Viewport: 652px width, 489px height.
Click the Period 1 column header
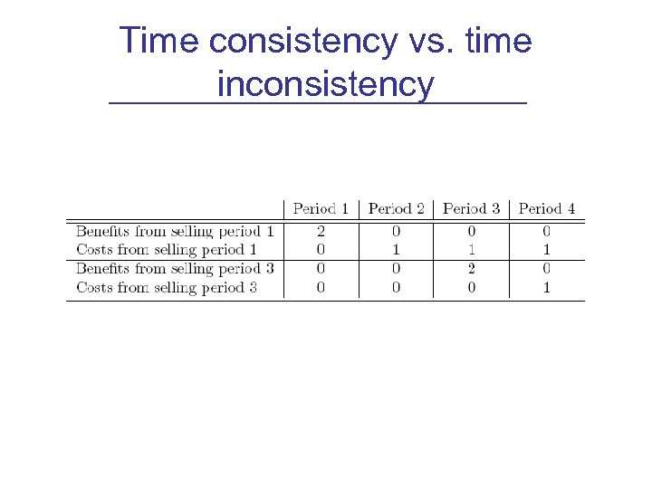(x=321, y=209)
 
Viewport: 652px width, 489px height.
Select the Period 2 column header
(x=397, y=209)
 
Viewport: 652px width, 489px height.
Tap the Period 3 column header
(x=472, y=209)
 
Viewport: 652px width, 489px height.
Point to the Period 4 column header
(x=547, y=209)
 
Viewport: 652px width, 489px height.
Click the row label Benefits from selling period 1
(x=175, y=232)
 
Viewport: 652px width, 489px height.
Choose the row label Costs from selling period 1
(x=167, y=249)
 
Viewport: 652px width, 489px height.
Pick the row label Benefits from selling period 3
(x=175, y=269)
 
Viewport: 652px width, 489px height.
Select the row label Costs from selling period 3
(x=167, y=288)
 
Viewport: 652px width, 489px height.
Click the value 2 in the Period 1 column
(x=321, y=232)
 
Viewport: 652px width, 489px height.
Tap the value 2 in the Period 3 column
(x=472, y=269)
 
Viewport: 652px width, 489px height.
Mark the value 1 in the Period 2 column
(x=397, y=249)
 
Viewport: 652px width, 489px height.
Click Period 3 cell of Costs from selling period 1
(x=472, y=249)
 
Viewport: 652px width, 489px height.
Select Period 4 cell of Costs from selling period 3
(x=547, y=288)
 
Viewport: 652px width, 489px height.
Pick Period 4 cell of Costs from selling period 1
(x=547, y=249)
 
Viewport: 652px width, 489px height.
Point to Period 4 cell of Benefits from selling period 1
(x=547, y=232)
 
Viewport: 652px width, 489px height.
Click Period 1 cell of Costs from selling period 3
(x=321, y=288)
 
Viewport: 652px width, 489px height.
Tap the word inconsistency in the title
(x=326, y=84)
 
